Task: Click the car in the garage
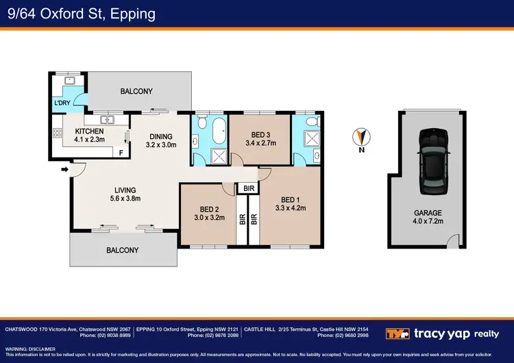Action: tap(434, 162)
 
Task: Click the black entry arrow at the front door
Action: tap(65, 169)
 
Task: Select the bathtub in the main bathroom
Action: tap(219, 131)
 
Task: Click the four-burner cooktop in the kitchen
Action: tap(58, 133)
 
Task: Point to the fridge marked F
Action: tap(121, 153)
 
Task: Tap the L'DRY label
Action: tap(62, 103)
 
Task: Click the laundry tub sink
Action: tap(70, 80)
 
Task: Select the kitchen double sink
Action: tap(107, 120)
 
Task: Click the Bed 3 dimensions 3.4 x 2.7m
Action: tap(260, 143)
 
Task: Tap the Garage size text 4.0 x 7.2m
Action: tap(428, 221)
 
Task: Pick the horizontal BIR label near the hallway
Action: tap(249, 188)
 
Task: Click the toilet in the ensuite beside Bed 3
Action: tap(313, 121)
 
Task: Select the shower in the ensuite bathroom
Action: tap(312, 138)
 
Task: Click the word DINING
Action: tap(161, 136)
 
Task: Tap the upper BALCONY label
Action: tap(136, 91)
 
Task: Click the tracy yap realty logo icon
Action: tap(397, 334)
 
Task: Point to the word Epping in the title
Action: tap(133, 14)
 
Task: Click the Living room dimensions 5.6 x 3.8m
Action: tap(125, 199)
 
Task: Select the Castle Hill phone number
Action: tap(343, 336)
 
